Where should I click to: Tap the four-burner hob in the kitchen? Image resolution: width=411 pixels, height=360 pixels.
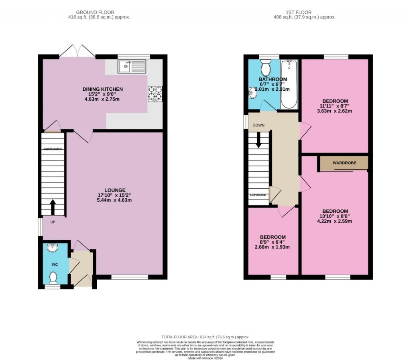[x=155, y=94]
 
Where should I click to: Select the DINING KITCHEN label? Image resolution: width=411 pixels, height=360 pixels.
[x=103, y=89]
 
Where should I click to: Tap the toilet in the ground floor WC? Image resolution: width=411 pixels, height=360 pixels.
[x=53, y=277]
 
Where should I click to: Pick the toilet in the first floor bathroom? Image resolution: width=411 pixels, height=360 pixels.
[x=266, y=68]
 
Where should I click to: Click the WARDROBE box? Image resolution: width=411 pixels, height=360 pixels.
[x=344, y=163]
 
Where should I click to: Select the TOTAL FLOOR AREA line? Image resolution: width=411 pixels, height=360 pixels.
[x=205, y=337]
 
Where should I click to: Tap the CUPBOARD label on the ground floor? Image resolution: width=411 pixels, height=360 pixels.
[x=53, y=149]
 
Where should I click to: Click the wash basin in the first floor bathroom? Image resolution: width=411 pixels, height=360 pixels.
[x=252, y=93]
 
